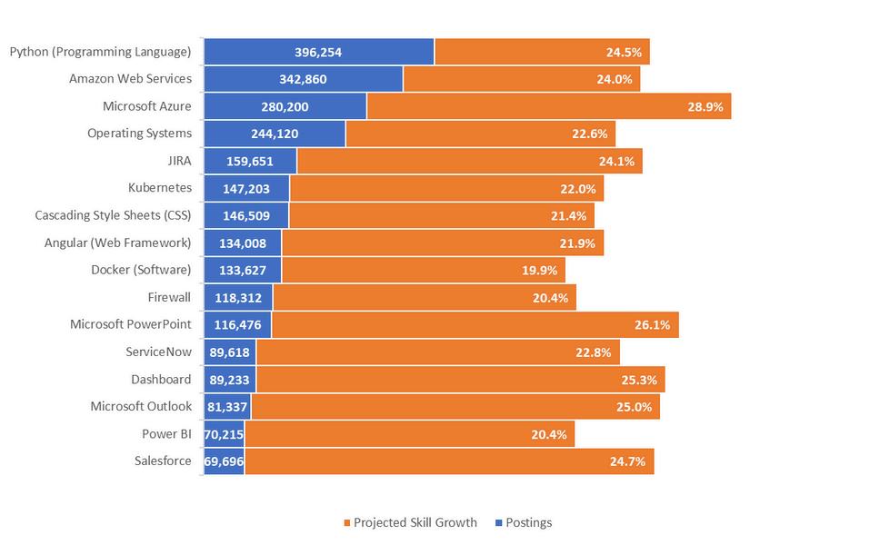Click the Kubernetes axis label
(160, 188)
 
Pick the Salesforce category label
(163, 461)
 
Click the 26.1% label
(652, 324)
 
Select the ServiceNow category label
(158, 352)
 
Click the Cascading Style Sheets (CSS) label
(113, 215)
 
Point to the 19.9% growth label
(538, 270)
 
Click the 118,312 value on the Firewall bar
(238, 297)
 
